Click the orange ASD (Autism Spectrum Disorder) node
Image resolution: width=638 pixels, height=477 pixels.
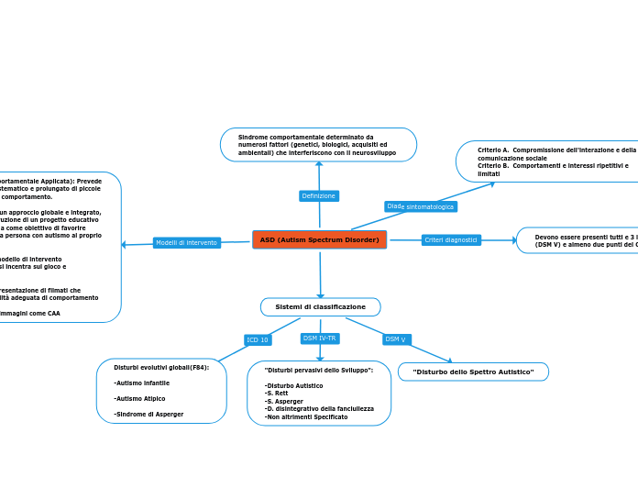point(319,239)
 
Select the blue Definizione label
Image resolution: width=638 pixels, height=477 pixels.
point(319,195)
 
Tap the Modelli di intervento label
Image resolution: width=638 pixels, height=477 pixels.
point(186,242)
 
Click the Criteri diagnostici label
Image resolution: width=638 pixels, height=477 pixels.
point(451,239)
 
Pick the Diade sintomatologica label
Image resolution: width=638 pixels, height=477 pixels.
point(420,206)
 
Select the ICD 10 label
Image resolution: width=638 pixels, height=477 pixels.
point(258,339)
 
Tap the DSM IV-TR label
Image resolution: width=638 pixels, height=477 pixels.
point(320,338)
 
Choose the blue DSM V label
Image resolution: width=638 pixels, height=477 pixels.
point(396,339)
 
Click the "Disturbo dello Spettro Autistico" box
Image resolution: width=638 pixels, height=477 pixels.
point(473,372)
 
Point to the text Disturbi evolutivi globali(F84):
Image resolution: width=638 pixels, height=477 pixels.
point(161,367)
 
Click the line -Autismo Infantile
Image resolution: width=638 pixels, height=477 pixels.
point(141,383)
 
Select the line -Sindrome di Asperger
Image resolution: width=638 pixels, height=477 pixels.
point(148,414)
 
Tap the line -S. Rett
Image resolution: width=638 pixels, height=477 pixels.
point(277,394)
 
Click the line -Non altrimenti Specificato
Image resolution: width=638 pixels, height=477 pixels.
point(305,416)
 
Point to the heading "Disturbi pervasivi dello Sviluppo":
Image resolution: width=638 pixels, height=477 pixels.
point(312,369)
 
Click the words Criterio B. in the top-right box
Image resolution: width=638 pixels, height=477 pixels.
point(493,165)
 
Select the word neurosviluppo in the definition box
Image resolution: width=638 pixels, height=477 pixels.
point(374,152)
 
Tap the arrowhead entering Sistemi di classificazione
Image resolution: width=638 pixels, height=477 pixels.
point(321,269)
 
